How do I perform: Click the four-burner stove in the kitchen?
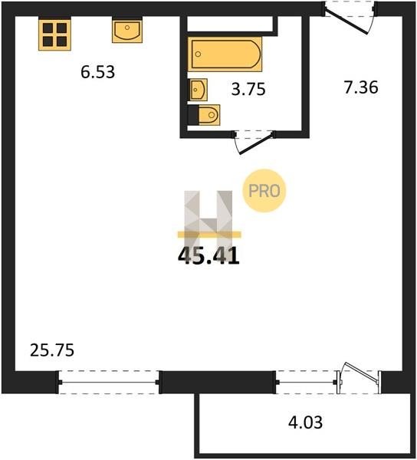55,34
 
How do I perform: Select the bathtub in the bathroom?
225,54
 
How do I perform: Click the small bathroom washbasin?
199,90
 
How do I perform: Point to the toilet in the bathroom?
208,115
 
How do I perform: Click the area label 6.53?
97,72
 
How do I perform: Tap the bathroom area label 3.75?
248,89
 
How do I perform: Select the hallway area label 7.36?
361,87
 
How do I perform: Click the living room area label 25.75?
52,350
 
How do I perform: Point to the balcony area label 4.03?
305,422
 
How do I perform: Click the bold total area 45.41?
208,256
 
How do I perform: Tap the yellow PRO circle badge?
264,191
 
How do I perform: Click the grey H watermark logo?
208,222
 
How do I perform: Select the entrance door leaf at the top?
346,22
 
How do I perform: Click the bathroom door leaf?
256,144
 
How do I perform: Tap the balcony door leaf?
363,373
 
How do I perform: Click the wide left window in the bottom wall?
109,383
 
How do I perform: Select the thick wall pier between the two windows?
218,382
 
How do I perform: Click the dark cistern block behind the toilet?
193,115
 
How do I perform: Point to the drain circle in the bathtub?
199,54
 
